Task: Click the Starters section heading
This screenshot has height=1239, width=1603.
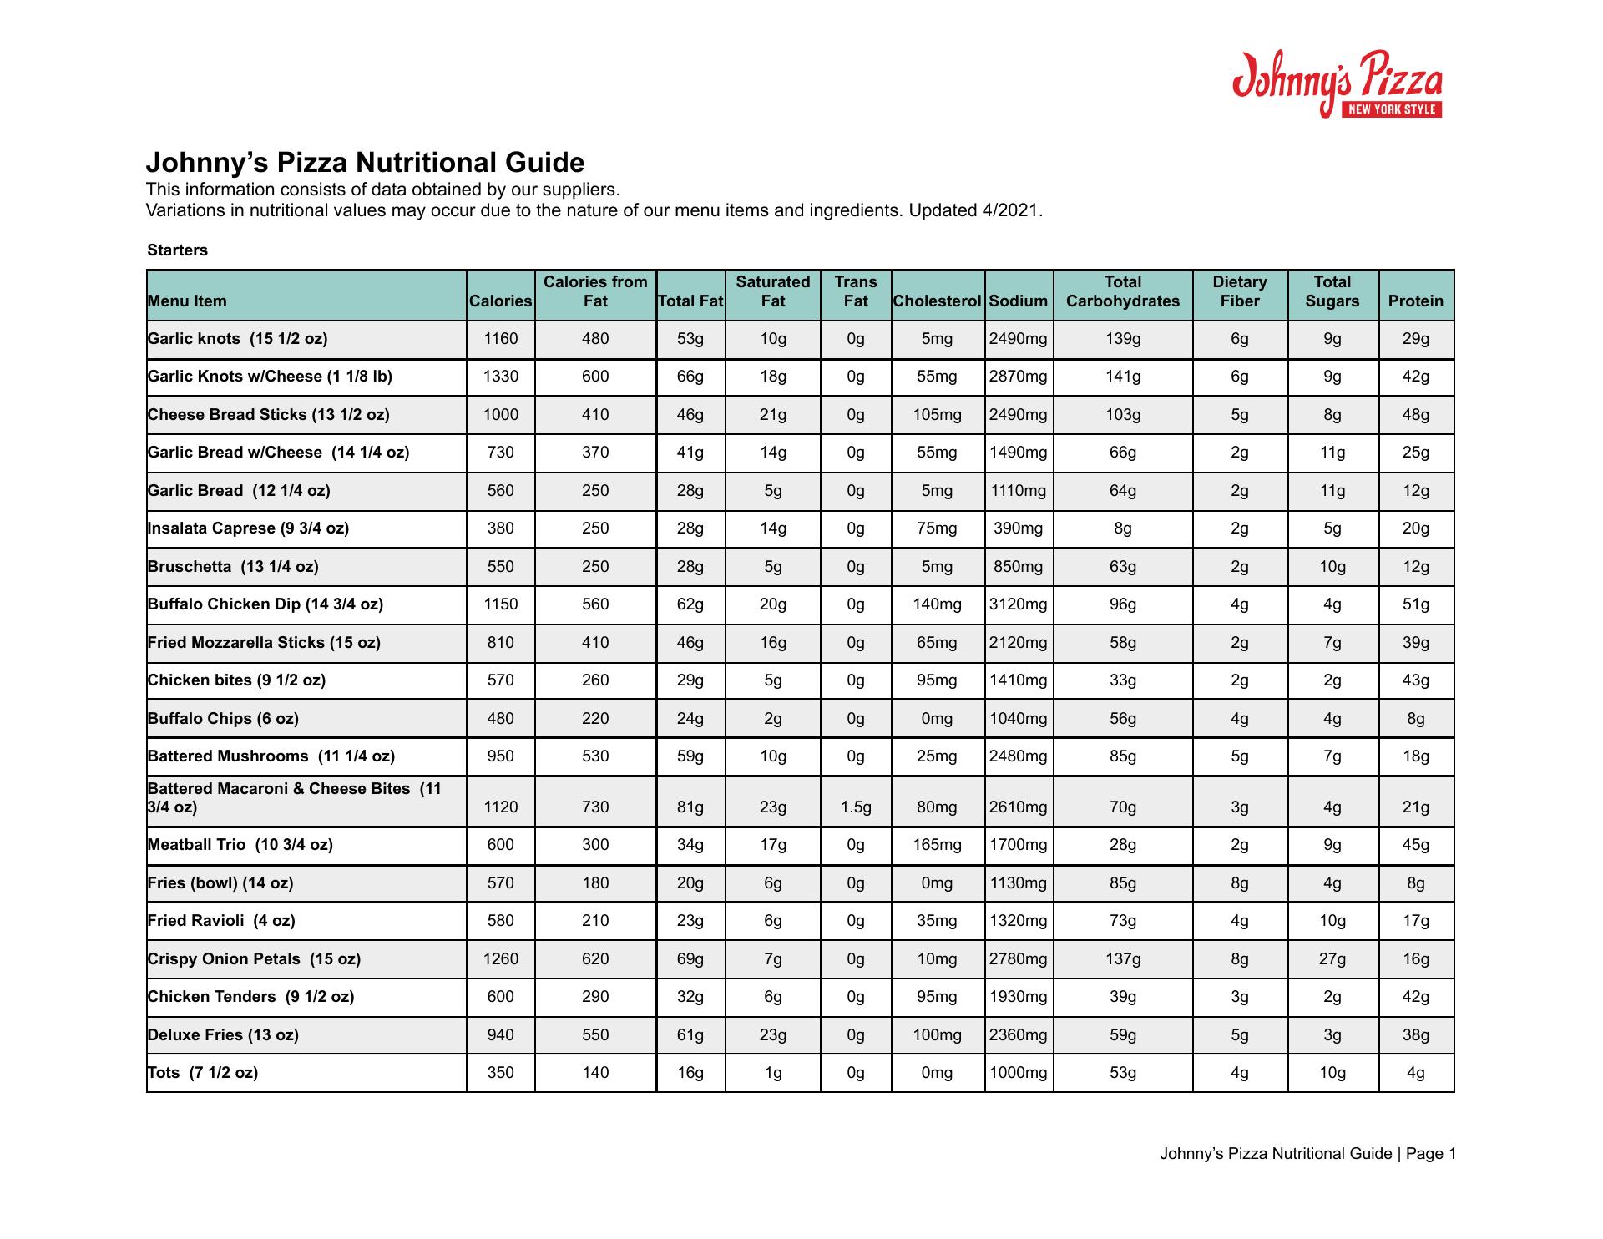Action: [177, 250]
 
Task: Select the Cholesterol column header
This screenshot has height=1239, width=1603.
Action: [937, 301]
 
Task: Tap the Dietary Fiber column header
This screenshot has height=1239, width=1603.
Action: [1239, 291]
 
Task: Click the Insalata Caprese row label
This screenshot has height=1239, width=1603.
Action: [248, 528]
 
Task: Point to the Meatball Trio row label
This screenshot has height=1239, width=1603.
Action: [240, 845]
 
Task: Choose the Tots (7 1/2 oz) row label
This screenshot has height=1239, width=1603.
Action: [202, 1073]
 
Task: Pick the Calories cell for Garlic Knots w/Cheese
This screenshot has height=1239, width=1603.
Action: [500, 377]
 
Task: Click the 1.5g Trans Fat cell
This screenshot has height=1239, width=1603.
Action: [855, 807]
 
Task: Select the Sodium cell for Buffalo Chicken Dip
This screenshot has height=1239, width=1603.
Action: [1018, 604]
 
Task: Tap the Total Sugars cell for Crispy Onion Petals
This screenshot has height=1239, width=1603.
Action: [1332, 959]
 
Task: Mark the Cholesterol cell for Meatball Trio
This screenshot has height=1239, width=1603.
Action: [937, 845]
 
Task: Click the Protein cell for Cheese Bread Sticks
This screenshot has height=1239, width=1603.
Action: [1415, 415]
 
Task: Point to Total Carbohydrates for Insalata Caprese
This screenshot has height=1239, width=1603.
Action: [1122, 528]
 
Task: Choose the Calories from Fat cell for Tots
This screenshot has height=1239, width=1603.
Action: [594, 1073]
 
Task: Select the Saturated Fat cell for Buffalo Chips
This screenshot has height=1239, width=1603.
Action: [772, 719]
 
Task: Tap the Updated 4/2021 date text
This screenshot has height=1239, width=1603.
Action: [975, 210]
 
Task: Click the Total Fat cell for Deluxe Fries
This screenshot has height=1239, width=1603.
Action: [690, 1035]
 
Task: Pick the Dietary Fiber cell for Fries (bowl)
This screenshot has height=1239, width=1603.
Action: [1239, 883]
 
